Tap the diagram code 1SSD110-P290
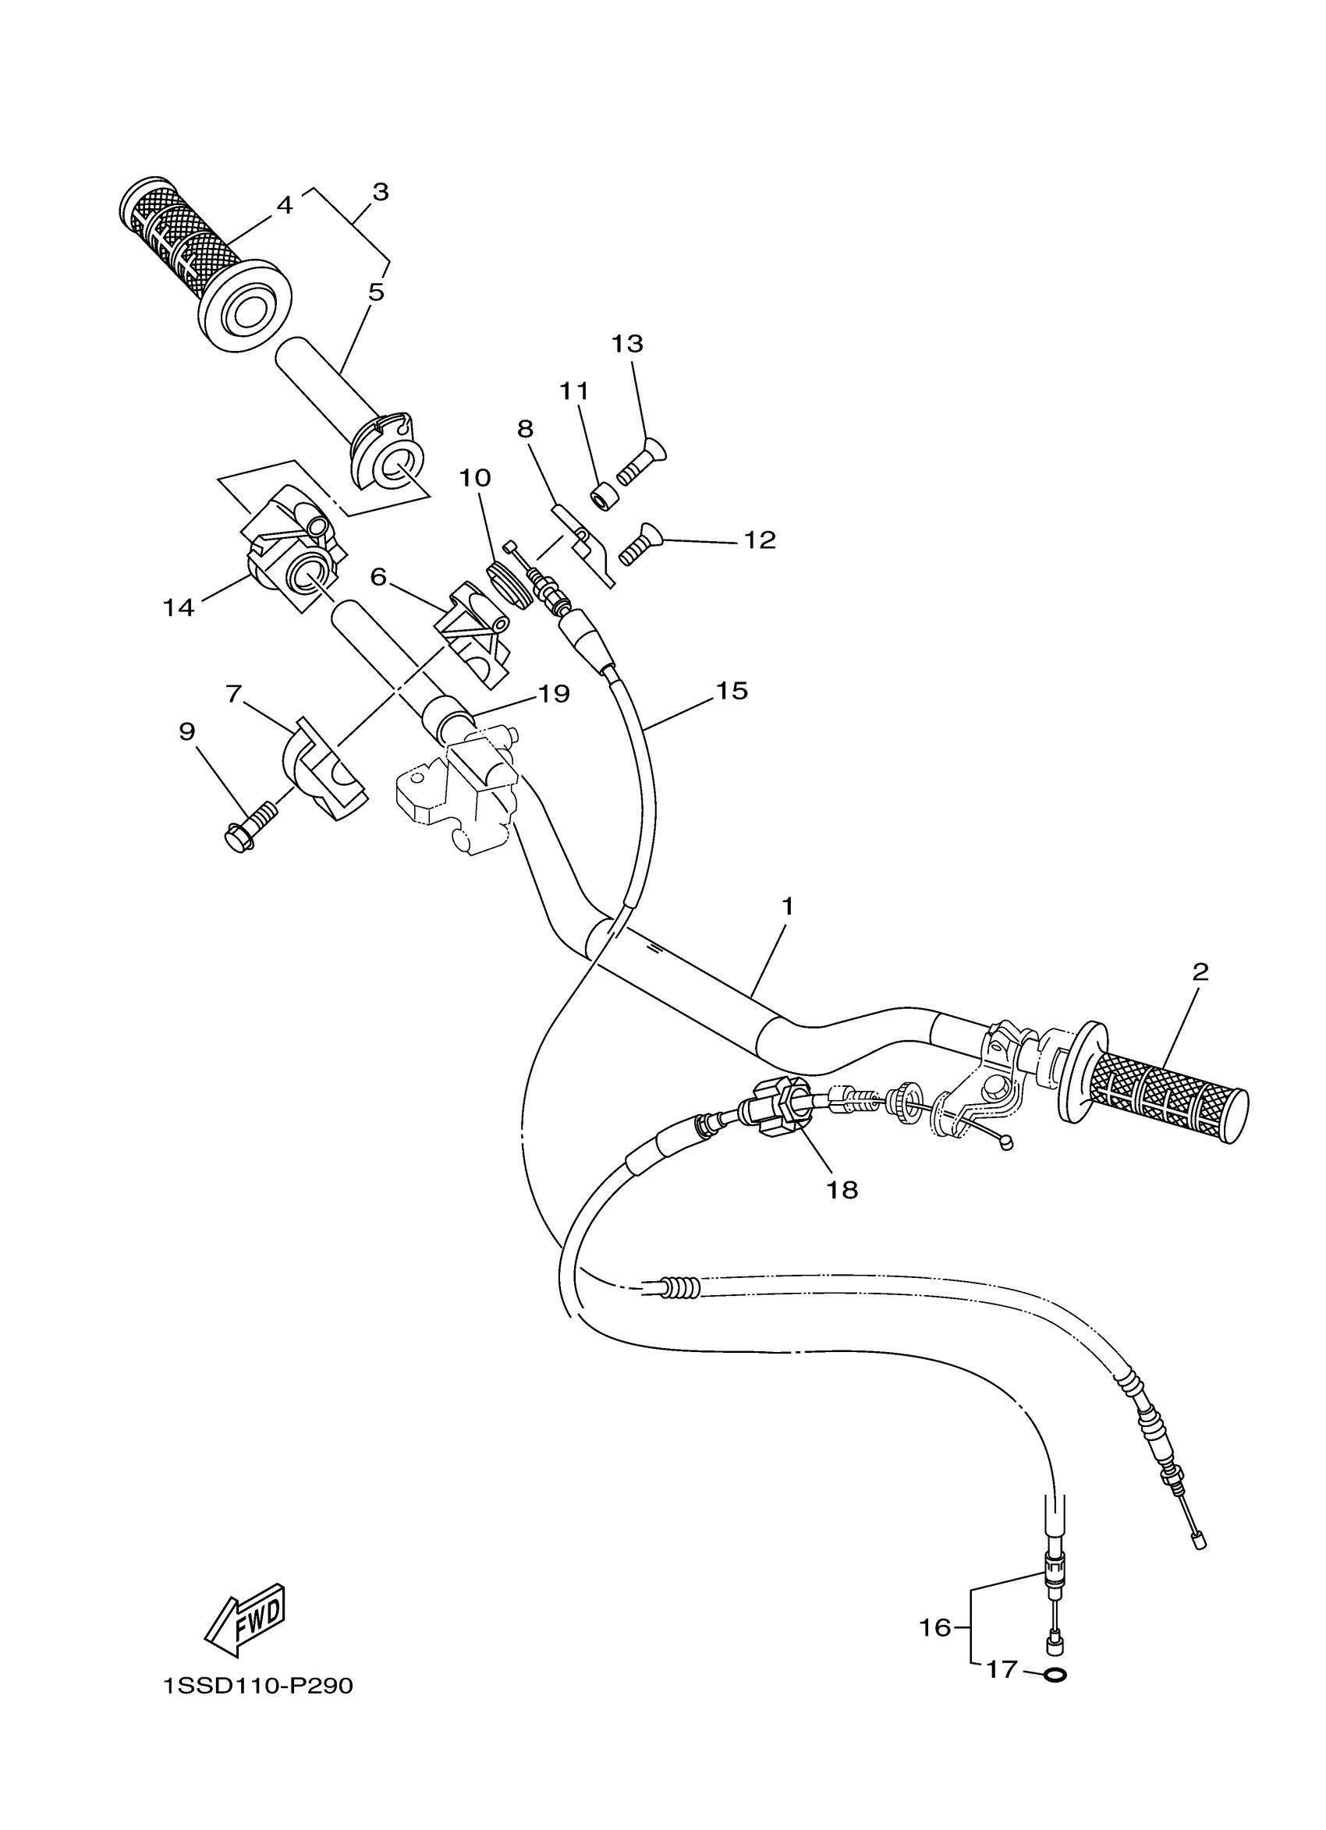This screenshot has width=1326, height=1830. pyautogui.click(x=257, y=1687)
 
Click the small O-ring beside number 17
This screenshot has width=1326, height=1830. pyautogui.click(x=1054, y=1675)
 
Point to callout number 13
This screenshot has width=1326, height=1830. pyautogui.click(x=627, y=344)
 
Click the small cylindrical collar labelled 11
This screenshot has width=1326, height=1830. pyautogui.click(x=605, y=496)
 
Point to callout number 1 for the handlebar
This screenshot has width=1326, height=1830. pyautogui.click(x=787, y=907)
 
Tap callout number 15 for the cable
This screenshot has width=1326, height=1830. pyautogui.click(x=731, y=691)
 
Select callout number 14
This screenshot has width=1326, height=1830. pyautogui.click(x=179, y=607)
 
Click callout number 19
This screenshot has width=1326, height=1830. pyautogui.click(x=555, y=694)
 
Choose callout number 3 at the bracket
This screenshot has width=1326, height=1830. pyautogui.click(x=380, y=192)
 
